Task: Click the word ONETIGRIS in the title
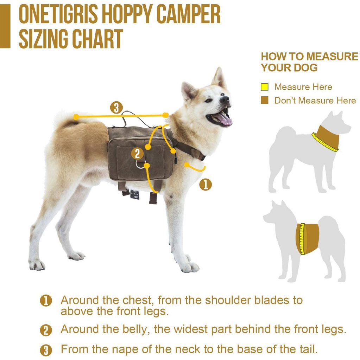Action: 59,14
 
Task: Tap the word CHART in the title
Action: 97,39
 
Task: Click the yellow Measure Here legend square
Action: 265,87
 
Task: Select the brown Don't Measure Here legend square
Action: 265,100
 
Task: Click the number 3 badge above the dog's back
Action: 116,108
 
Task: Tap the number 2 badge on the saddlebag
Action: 138,154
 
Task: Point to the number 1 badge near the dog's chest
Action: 206,185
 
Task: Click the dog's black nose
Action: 225,99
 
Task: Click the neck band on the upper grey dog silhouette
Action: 326,139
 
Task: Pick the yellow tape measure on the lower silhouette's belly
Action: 302,239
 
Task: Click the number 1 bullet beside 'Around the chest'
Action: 46,301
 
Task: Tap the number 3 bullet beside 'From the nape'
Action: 46,351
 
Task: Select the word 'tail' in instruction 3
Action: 308,349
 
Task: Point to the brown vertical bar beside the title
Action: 5,26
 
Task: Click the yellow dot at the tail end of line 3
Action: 76,117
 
